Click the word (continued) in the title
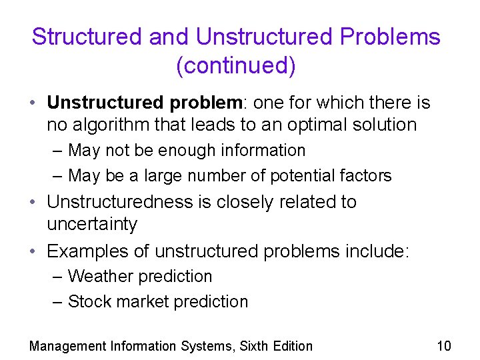pyautogui.click(x=236, y=66)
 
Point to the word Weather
pyautogui.click(x=97, y=276)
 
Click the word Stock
pyautogui.click(x=89, y=301)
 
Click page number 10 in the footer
pyautogui.click(x=443, y=345)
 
